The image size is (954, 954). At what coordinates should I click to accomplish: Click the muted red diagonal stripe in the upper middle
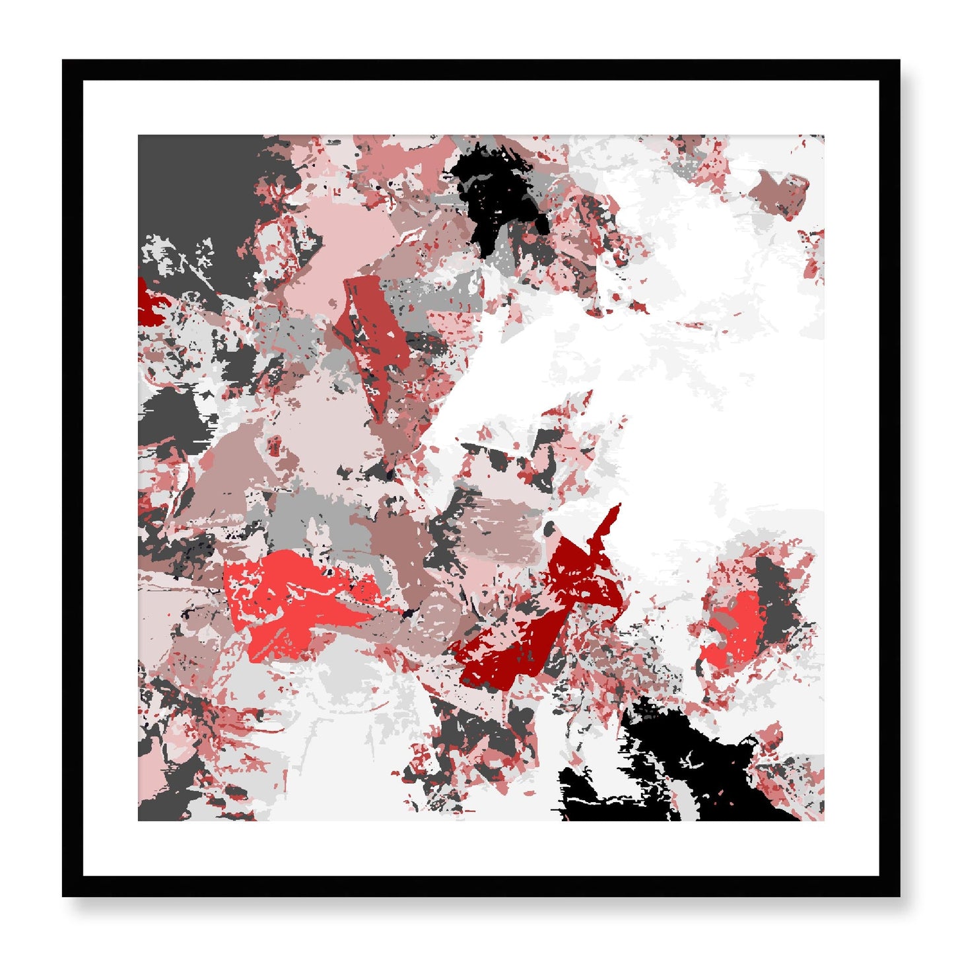coord(373,330)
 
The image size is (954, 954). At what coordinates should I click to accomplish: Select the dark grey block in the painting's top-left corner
coord(198,191)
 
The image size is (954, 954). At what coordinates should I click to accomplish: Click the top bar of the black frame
coord(481,69)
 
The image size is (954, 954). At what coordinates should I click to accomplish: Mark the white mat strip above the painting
coord(481,108)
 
